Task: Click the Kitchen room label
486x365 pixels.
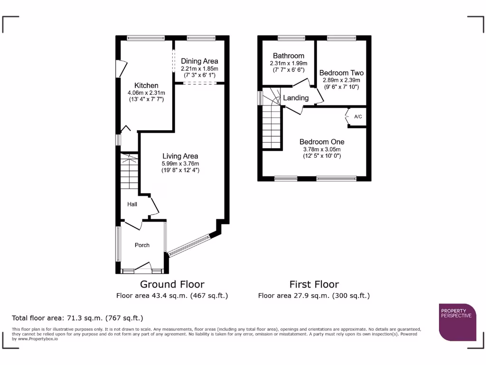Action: click(146, 86)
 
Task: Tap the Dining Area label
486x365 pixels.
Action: click(199, 61)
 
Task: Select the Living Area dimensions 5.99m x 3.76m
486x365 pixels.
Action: click(180, 163)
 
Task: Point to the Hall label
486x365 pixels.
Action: click(132, 204)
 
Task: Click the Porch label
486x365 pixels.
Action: click(142, 245)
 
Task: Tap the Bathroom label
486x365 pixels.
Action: click(289, 56)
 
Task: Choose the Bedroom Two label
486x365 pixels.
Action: click(341, 73)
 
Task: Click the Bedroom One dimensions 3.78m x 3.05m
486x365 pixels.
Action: click(322, 149)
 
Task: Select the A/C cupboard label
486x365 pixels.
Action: click(358, 117)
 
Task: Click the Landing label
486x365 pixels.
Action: click(296, 98)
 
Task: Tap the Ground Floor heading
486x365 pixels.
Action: click(172, 284)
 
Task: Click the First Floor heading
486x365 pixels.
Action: click(314, 284)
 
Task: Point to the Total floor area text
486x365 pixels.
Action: click(77, 318)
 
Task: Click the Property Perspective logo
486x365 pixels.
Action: click(458, 322)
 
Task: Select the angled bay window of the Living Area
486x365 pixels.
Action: click(189, 246)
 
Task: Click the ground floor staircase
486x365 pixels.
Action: click(129, 171)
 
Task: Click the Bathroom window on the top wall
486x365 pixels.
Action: click(291, 38)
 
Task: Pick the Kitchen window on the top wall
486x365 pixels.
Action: click(146, 38)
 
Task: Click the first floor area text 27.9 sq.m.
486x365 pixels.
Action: click(314, 296)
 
